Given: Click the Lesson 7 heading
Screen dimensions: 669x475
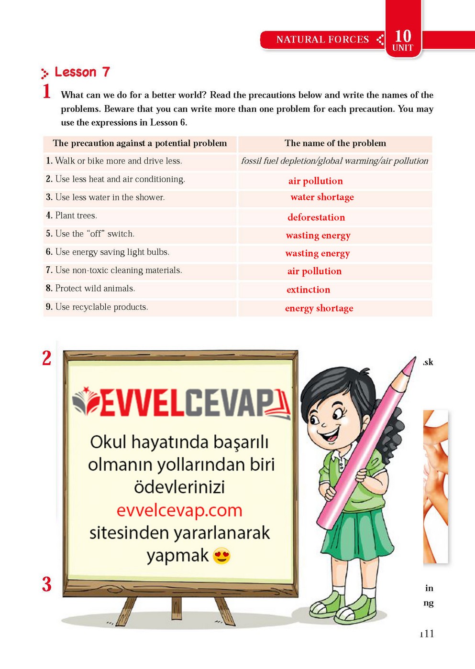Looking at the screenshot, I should (82, 72).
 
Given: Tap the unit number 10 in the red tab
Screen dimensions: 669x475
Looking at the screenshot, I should (403, 36).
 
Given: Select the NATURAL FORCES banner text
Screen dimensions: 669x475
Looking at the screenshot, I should (322, 40).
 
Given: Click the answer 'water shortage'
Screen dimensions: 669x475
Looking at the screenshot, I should (322, 197).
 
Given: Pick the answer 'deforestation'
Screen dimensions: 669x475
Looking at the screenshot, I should (316, 217).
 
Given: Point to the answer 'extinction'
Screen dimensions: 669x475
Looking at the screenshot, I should (308, 290).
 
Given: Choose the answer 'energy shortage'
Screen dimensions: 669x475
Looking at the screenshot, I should (319, 308).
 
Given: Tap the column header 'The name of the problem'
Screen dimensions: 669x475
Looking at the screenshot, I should (335, 143).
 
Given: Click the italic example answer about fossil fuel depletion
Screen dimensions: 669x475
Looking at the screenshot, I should (334, 161).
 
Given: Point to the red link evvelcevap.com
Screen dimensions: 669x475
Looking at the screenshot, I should (179, 510).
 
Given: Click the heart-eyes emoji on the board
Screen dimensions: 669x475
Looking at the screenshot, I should (221, 556).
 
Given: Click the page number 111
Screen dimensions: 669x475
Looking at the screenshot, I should (427, 634).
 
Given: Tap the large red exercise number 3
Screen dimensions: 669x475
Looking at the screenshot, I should (47, 584).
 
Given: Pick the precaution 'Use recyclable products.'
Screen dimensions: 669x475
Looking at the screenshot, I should (101, 307).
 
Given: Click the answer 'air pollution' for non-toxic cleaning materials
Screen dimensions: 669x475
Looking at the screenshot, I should (314, 271).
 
